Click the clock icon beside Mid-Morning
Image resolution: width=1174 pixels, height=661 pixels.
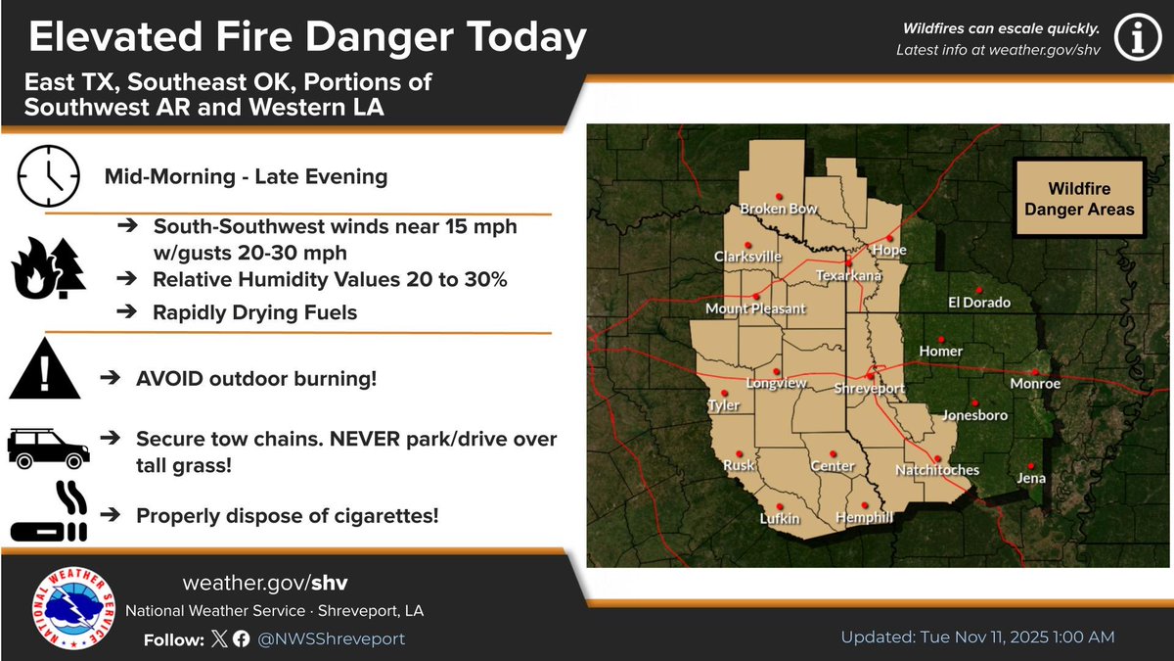48,176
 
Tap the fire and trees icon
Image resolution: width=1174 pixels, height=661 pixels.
48,268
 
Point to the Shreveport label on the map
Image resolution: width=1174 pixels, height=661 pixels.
870,389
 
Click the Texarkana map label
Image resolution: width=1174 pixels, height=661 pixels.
850,277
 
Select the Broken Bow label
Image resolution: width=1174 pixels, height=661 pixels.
779,210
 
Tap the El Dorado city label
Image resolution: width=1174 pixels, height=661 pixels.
979,303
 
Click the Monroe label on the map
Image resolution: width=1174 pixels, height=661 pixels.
1035,384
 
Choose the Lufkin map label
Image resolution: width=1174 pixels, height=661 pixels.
780,518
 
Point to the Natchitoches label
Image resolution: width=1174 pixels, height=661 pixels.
937,471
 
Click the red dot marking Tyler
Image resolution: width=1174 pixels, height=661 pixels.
724,392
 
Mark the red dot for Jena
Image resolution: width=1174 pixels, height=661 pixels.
1031,466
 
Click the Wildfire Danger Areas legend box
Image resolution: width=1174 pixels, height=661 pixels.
1078,199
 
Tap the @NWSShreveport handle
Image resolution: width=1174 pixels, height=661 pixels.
332,638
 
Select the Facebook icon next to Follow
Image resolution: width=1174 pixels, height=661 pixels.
241,638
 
